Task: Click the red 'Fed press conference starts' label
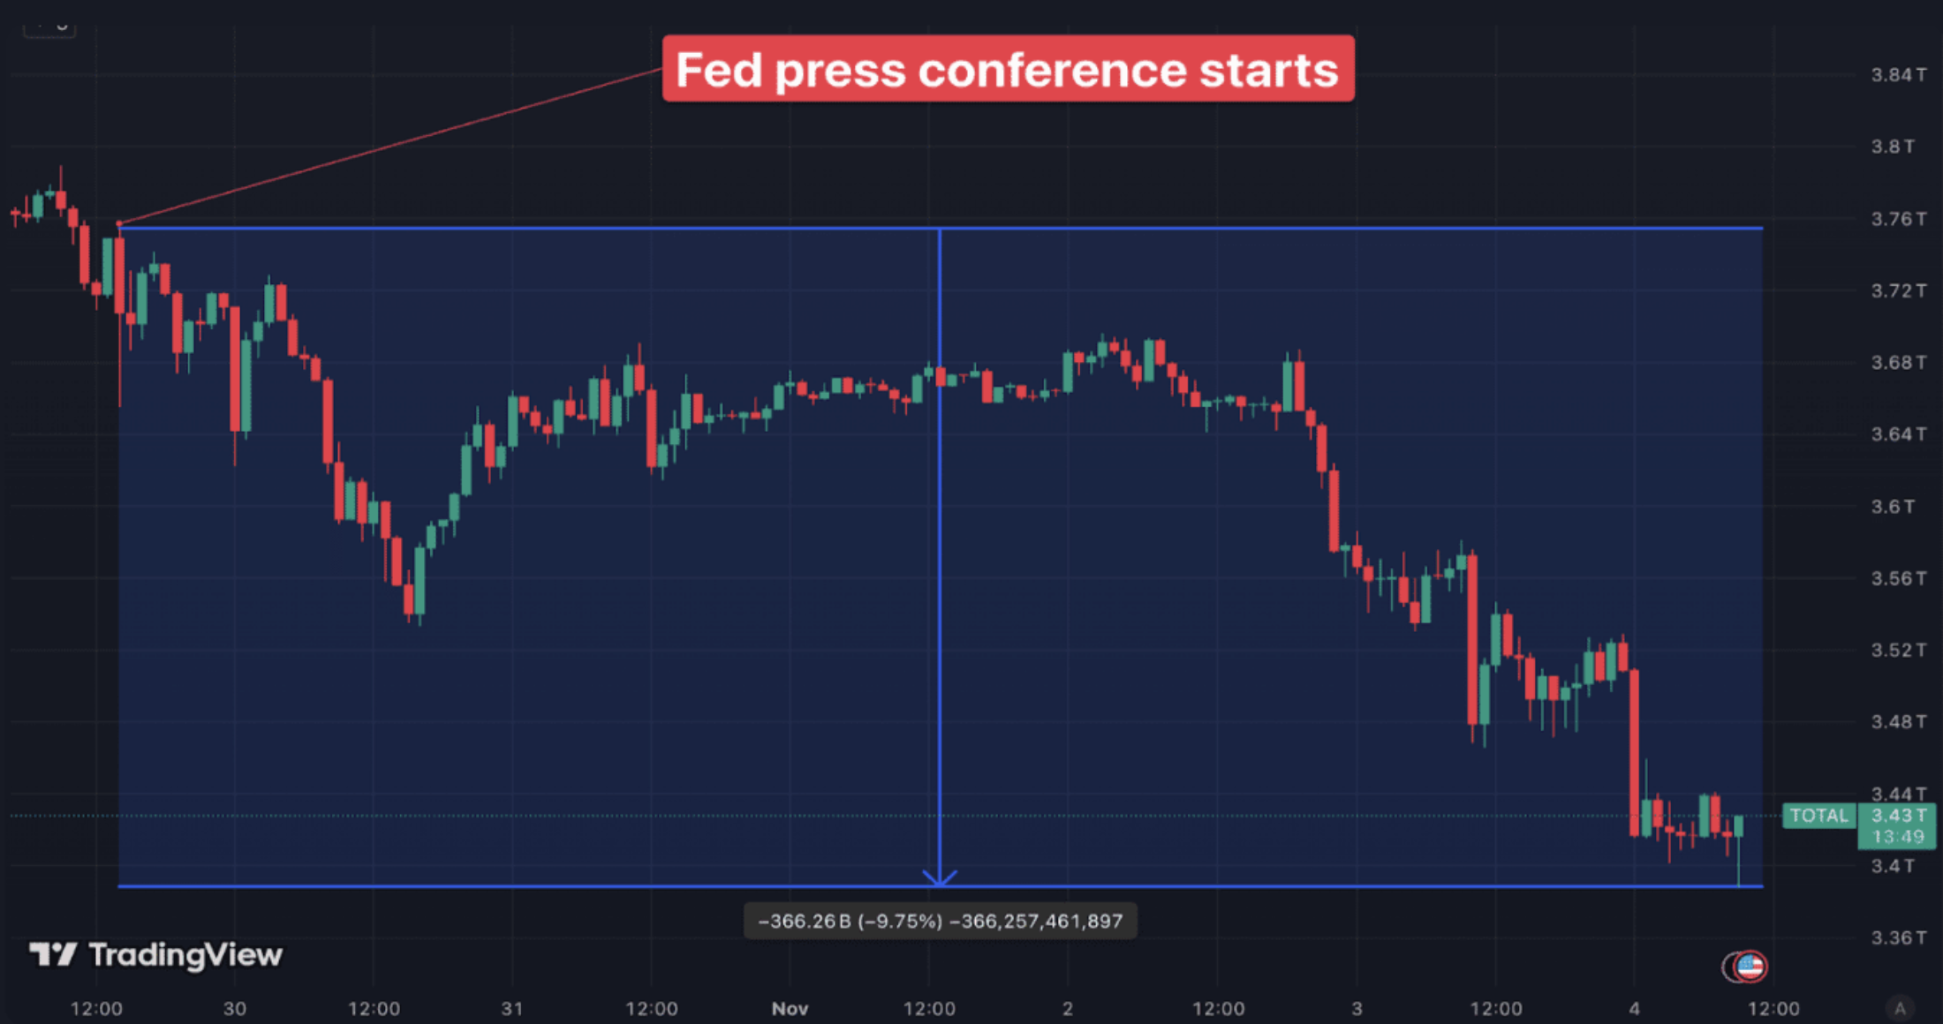[1008, 69]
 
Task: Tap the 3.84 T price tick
[1897, 75]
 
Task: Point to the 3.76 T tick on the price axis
[1897, 219]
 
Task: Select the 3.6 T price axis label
[1893, 507]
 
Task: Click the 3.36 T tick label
[1897, 937]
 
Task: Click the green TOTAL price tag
[1818, 816]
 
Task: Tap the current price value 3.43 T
[1897, 816]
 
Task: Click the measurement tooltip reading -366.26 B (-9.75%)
[940, 922]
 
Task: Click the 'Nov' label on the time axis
[790, 1008]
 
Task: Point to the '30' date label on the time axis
[235, 1008]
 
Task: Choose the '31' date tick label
[512, 1008]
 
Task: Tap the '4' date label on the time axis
[1634, 1008]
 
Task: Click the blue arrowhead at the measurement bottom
[940, 878]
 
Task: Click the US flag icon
[1750, 967]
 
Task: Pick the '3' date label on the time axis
[1357, 1008]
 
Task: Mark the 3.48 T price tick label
[1897, 722]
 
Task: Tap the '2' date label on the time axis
[1067, 1008]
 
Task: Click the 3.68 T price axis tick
[1897, 363]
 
